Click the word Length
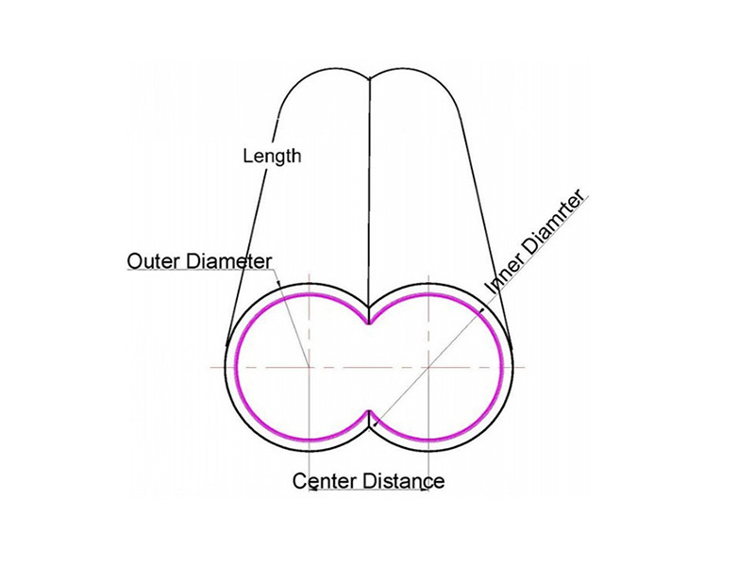pos(272,156)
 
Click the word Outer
pos(154,261)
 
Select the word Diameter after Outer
pos(228,261)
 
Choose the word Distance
pos(404,481)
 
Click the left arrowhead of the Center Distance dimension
pos(312,490)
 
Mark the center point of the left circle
pos(309,367)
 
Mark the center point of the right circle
pos(428,367)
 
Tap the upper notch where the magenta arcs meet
pos(369,323)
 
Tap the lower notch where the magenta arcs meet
pos(369,411)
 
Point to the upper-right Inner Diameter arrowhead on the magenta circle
pos(481,310)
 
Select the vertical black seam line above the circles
pos(369,191)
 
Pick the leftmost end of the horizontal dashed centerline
pos(210,367)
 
